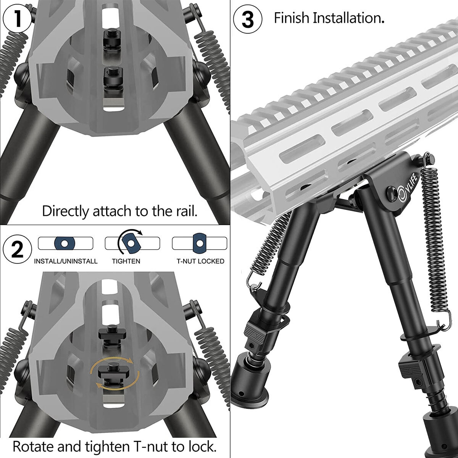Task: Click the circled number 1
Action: point(17,19)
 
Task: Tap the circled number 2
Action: point(17,249)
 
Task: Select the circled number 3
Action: point(247,19)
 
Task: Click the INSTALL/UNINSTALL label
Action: point(66,261)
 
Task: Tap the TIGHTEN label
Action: point(126,261)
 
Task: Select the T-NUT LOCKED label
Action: point(200,261)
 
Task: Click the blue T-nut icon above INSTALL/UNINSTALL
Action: point(65,244)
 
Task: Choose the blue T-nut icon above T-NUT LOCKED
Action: point(199,243)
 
